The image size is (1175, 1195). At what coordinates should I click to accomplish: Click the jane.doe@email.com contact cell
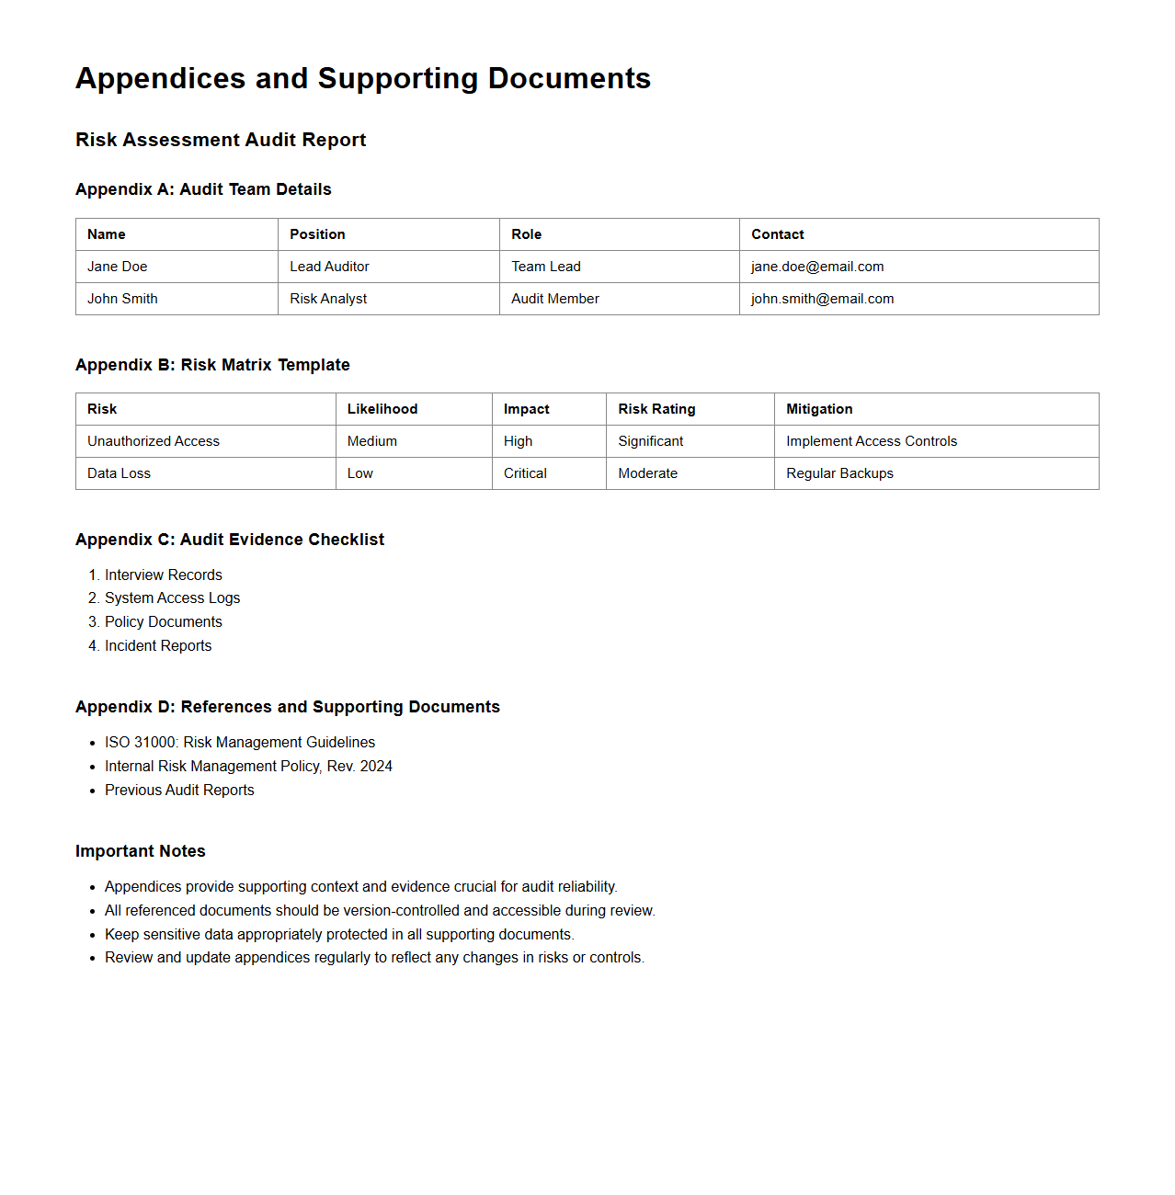pyautogui.click(x=817, y=267)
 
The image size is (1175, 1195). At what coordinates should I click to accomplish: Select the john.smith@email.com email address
pyautogui.click(x=822, y=299)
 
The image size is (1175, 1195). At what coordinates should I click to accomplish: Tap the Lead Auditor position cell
pyautogui.click(x=329, y=267)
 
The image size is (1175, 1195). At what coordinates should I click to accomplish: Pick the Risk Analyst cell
pyautogui.click(x=328, y=299)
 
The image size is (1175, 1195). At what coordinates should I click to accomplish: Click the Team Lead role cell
pyautogui.click(x=546, y=267)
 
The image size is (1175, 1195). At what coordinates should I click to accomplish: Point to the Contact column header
pyautogui.click(x=778, y=234)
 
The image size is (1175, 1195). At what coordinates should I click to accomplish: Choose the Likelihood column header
pyautogui.click(x=382, y=409)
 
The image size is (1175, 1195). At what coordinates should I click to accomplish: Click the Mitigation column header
pyautogui.click(x=819, y=409)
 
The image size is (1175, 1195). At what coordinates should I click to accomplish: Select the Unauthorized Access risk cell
pyautogui.click(x=154, y=441)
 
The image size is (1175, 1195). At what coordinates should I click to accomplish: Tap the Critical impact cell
pyautogui.click(x=525, y=473)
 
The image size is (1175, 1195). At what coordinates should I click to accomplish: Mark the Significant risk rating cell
pyautogui.click(x=651, y=441)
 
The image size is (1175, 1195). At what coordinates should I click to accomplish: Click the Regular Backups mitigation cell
pyautogui.click(x=839, y=473)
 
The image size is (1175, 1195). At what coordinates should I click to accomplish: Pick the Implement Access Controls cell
pyautogui.click(x=872, y=441)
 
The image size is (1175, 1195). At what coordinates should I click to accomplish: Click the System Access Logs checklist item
pyautogui.click(x=172, y=598)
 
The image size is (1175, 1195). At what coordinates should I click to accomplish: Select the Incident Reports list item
pyautogui.click(x=158, y=646)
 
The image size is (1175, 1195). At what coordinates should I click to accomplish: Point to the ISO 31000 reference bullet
pyautogui.click(x=240, y=743)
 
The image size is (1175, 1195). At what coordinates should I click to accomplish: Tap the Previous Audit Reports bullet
pyautogui.click(x=179, y=791)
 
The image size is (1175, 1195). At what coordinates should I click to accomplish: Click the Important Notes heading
pyautogui.click(x=141, y=851)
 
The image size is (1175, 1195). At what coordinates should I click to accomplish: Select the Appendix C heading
pyautogui.click(x=230, y=540)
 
